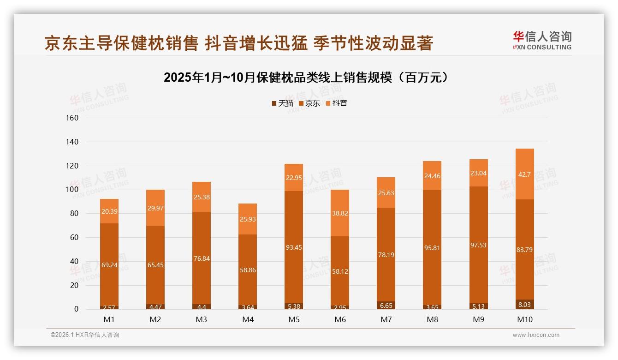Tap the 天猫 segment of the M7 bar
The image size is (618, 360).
point(386,305)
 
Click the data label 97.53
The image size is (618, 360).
point(478,245)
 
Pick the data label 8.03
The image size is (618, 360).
point(524,305)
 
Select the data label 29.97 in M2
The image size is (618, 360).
point(155,208)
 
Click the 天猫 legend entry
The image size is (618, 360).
point(282,103)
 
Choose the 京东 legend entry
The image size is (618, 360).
point(309,103)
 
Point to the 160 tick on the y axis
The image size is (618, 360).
point(72,118)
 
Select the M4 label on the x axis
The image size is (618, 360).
point(248,319)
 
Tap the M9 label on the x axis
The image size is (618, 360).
point(478,319)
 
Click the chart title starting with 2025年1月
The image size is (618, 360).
point(306,78)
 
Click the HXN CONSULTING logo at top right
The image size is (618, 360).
point(542,40)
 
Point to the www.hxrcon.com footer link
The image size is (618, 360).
point(535,335)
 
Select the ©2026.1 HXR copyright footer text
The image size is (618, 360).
point(85,335)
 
